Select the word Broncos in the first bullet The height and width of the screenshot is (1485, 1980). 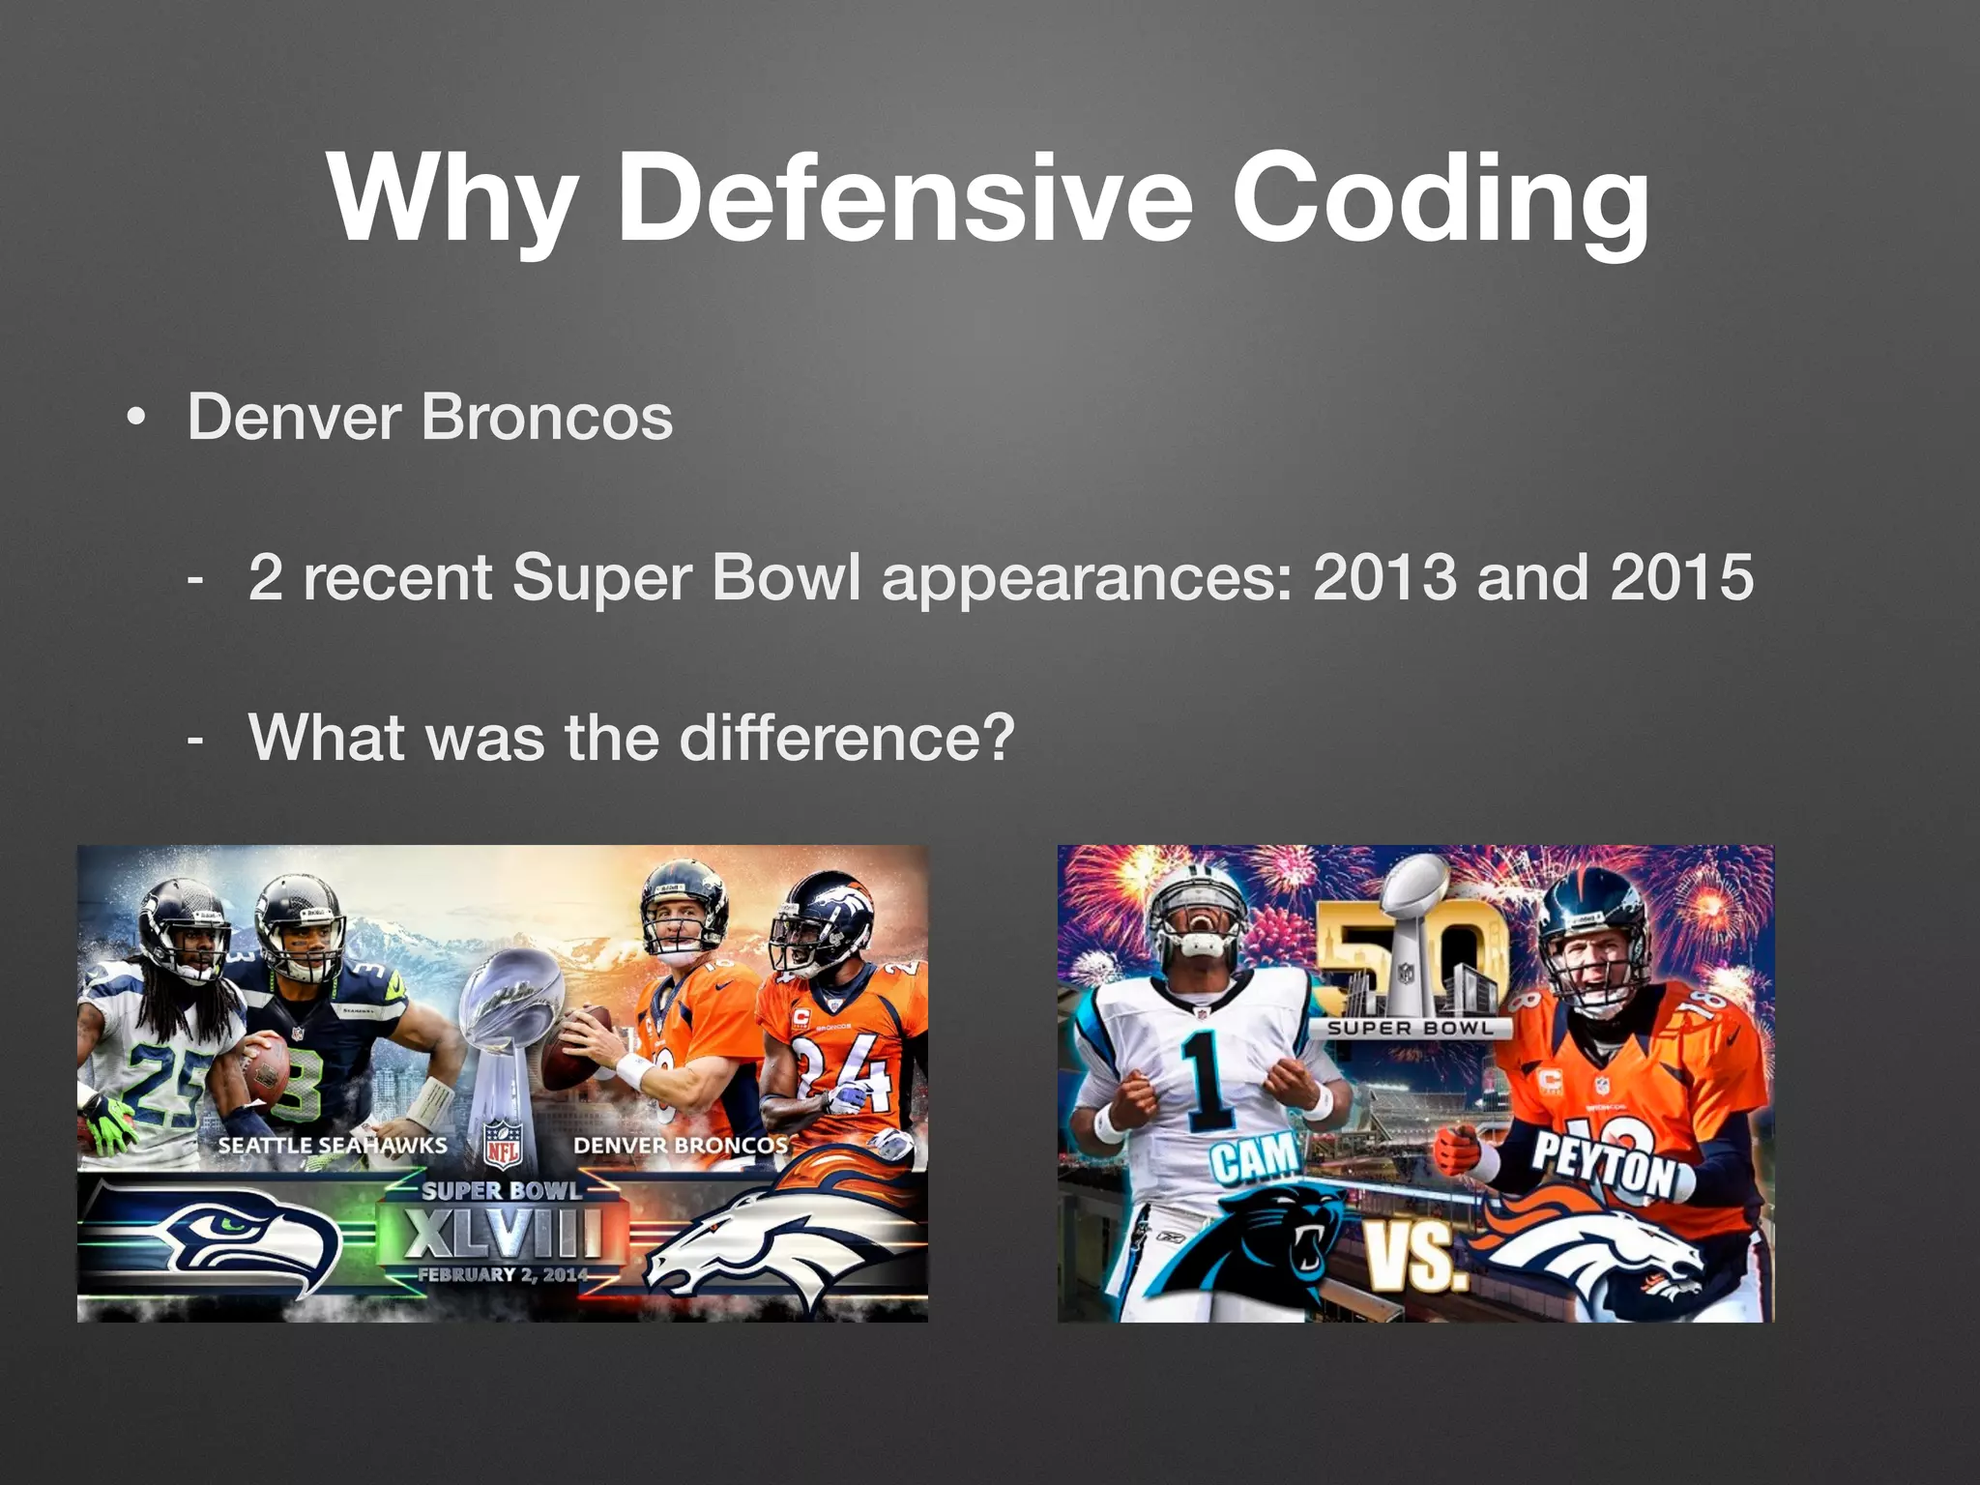[546, 418]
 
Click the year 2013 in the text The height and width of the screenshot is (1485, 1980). [1383, 577]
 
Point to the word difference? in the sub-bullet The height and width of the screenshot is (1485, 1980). [847, 738]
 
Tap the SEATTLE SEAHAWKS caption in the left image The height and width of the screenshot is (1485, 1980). [333, 1146]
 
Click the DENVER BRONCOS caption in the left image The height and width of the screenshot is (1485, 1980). [681, 1146]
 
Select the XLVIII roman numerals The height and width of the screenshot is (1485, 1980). [503, 1234]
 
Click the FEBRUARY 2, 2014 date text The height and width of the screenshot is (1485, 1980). [503, 1274]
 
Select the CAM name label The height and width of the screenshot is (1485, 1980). [1255, 1159]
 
